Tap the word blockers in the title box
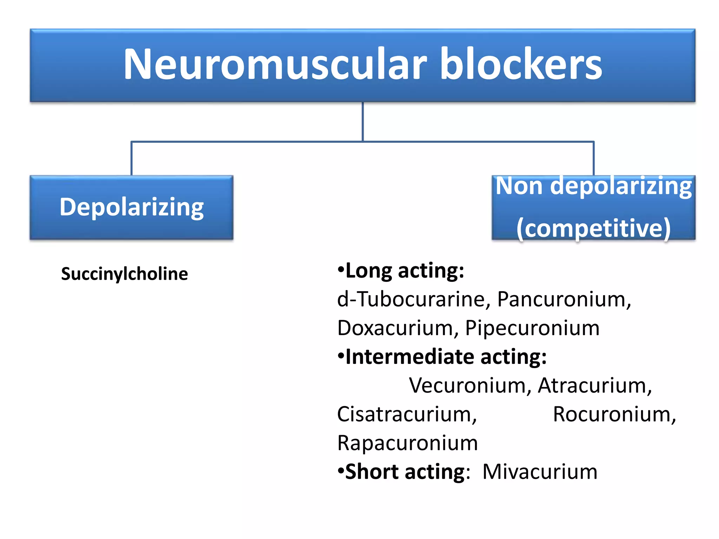coord(521,65)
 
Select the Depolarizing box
coord(131,207)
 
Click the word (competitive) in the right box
coord(593,228)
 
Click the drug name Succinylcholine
coord(124,274)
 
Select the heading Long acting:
coord(404,271)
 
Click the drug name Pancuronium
coord(563,299)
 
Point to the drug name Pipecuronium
coord(532,328)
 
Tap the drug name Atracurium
coord(593,386)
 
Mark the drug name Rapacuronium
coord(407,443)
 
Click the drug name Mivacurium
coord(540,472)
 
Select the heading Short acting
coord(405,472)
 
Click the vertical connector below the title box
coord(363,121)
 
